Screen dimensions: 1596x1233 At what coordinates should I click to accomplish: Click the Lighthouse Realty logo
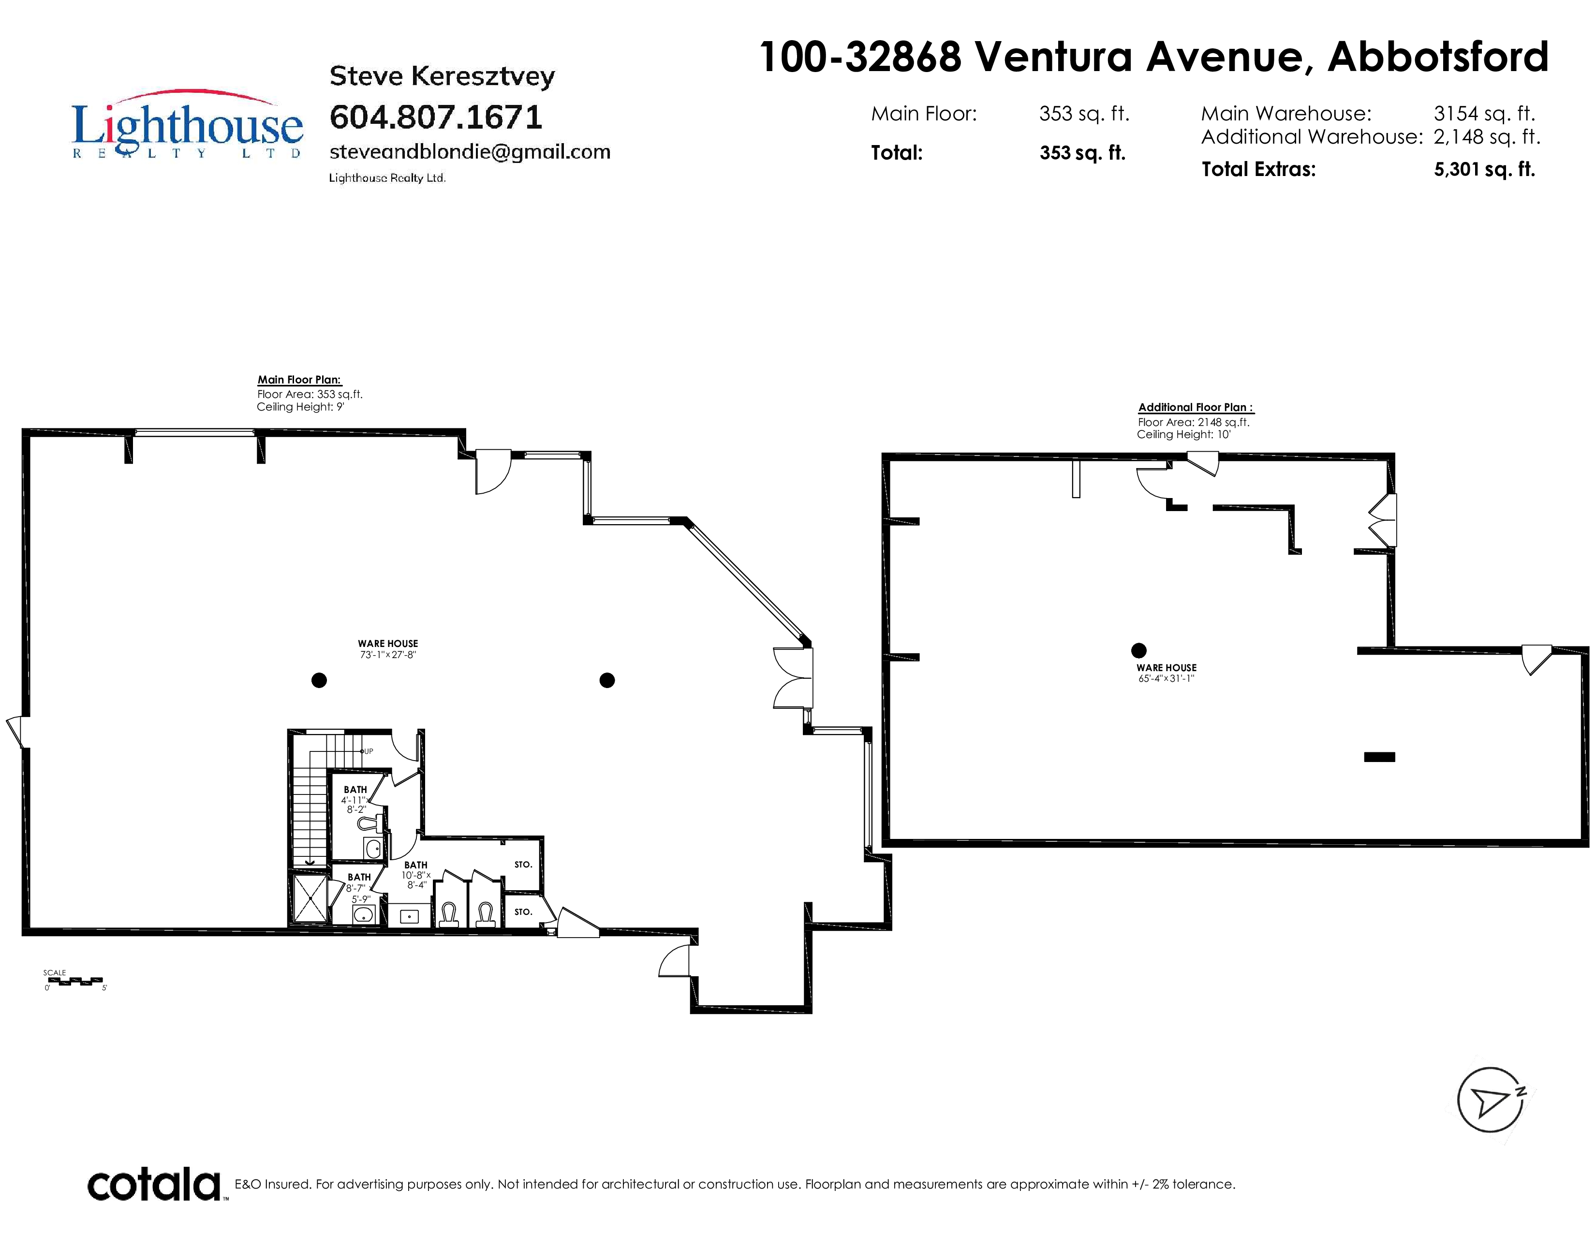[x=187, y=124]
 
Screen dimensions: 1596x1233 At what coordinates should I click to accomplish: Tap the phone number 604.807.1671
[x=436, y=117]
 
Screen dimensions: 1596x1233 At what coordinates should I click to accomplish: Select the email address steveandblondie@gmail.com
[x=470, y=152]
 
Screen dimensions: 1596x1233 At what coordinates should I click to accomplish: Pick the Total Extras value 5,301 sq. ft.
[x=1484, y=169]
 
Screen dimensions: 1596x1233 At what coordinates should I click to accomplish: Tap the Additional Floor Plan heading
[x=1196, y=408]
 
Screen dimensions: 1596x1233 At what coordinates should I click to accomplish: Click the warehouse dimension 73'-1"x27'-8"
[x=388, y=655]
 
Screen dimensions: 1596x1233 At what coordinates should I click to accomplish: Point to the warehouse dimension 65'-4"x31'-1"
[x=1167, y=678]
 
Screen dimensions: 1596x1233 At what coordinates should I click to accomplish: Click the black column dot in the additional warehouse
[x=1138, y=650]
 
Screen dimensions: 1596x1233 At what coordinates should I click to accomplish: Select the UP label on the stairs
[x=369, y=751]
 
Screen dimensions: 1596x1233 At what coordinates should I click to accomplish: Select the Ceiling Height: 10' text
[x=1184, y=435]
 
